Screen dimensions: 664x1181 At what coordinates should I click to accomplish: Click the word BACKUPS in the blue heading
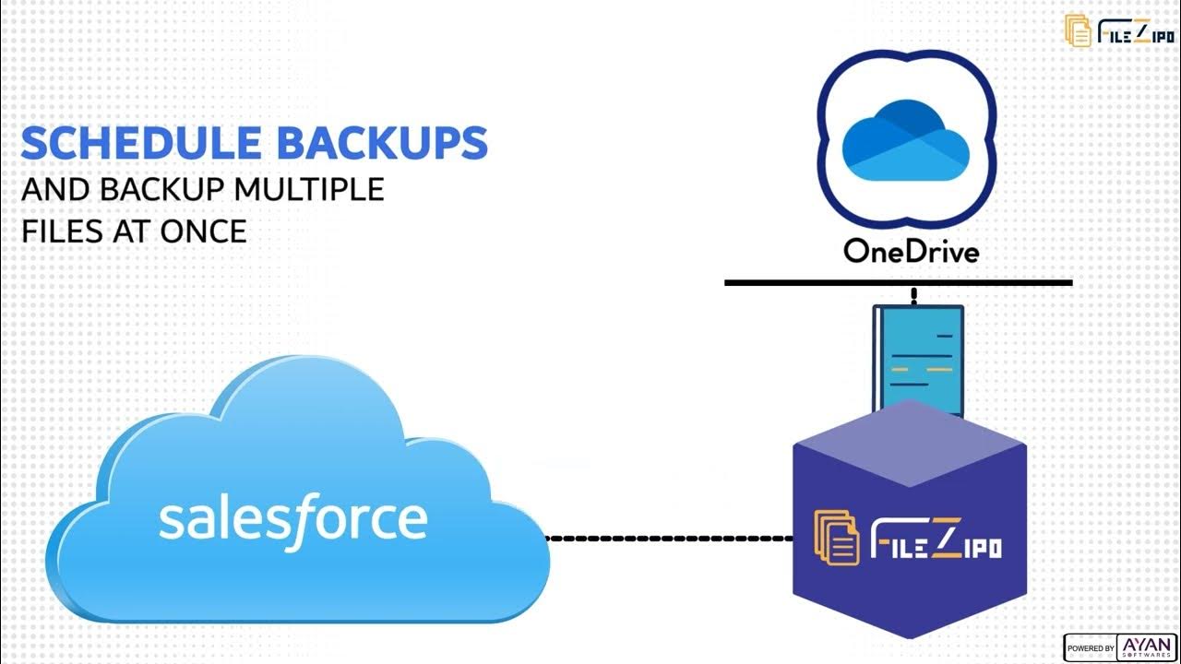click(382, 143)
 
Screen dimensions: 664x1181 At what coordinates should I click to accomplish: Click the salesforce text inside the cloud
click(293, 519)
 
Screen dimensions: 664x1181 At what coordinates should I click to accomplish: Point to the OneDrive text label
click(911, 252)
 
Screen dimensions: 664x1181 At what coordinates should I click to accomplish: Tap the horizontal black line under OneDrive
click(898, 283)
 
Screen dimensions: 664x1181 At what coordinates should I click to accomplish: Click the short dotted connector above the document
click(913, 296)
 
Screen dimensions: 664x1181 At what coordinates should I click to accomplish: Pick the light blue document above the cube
click(918, 355)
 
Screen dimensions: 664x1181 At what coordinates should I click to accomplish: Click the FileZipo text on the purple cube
click(936, 539)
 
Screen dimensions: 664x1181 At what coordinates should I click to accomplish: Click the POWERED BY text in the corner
click(1091, 648)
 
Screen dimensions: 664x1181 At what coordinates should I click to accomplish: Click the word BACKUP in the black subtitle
click(162, 189)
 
